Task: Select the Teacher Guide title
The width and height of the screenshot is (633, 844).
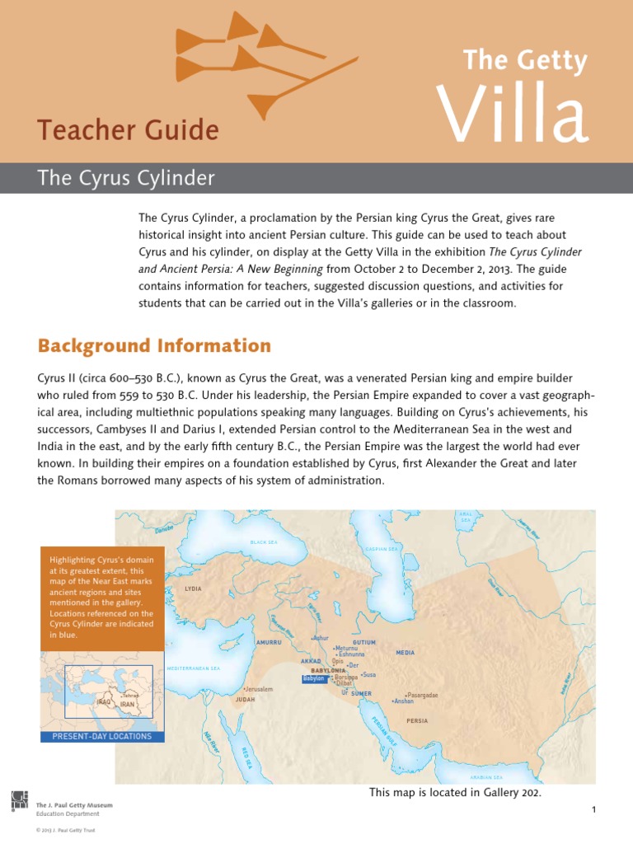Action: click(128, 130)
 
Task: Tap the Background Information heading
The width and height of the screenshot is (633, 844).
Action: click(154, 345)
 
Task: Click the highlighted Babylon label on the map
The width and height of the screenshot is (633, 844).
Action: click(314, 678)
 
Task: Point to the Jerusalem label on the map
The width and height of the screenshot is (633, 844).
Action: click(258, 689)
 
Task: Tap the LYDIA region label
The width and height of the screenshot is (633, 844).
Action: click(194, 589)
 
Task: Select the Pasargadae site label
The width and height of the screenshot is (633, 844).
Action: click(421, 695)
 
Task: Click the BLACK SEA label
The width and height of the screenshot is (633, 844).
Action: click(265, 543)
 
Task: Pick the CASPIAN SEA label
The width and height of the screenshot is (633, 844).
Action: click(381, 549)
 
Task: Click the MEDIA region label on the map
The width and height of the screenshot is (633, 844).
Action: click(405, 653)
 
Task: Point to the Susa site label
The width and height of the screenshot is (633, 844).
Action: click(368, 675)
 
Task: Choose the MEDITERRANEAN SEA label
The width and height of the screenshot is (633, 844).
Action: click(193, 668)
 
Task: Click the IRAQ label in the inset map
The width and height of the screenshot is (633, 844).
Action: click(104, 702)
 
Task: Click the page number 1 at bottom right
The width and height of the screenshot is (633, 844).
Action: click(593, 811)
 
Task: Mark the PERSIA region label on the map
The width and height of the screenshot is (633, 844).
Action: click(417, 721)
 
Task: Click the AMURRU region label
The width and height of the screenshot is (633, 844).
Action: click(269, 642)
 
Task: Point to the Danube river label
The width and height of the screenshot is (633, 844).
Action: click(164, 528)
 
